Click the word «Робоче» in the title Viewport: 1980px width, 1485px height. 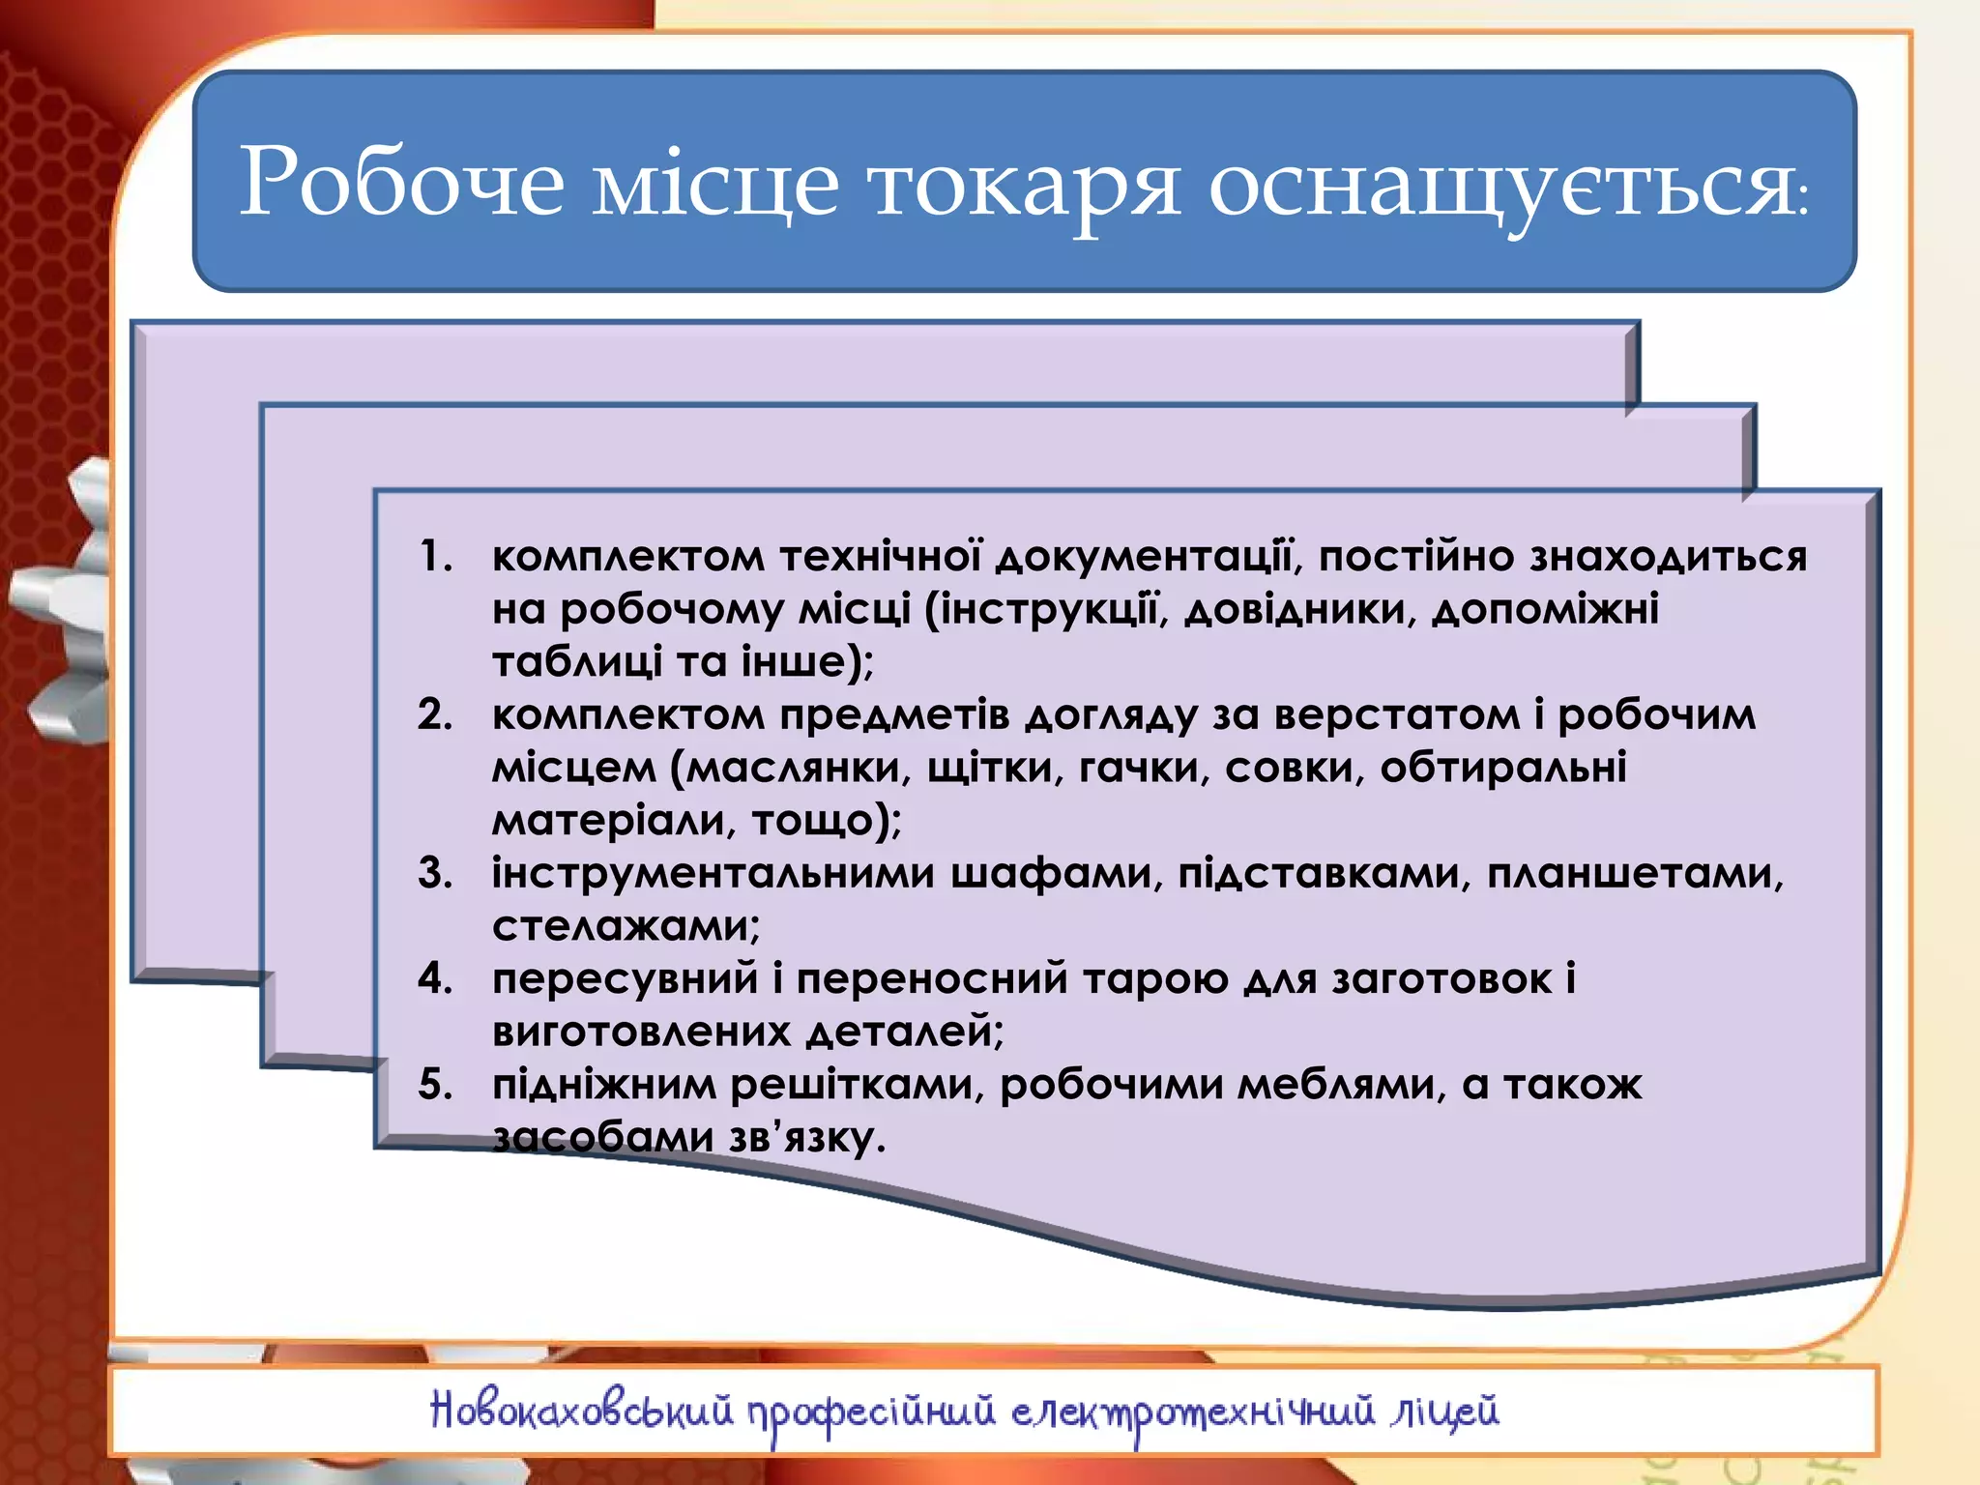pos(401,182)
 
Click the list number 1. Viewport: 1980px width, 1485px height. pos(436,557)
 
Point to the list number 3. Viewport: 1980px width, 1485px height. pos(436,873)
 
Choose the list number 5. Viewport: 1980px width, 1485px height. pos(436,1085)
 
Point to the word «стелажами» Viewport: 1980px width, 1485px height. pos(625,926)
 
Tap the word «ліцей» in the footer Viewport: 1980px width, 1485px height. pos(1445,1412)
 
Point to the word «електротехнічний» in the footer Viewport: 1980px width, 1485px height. pos(1193,1412)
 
